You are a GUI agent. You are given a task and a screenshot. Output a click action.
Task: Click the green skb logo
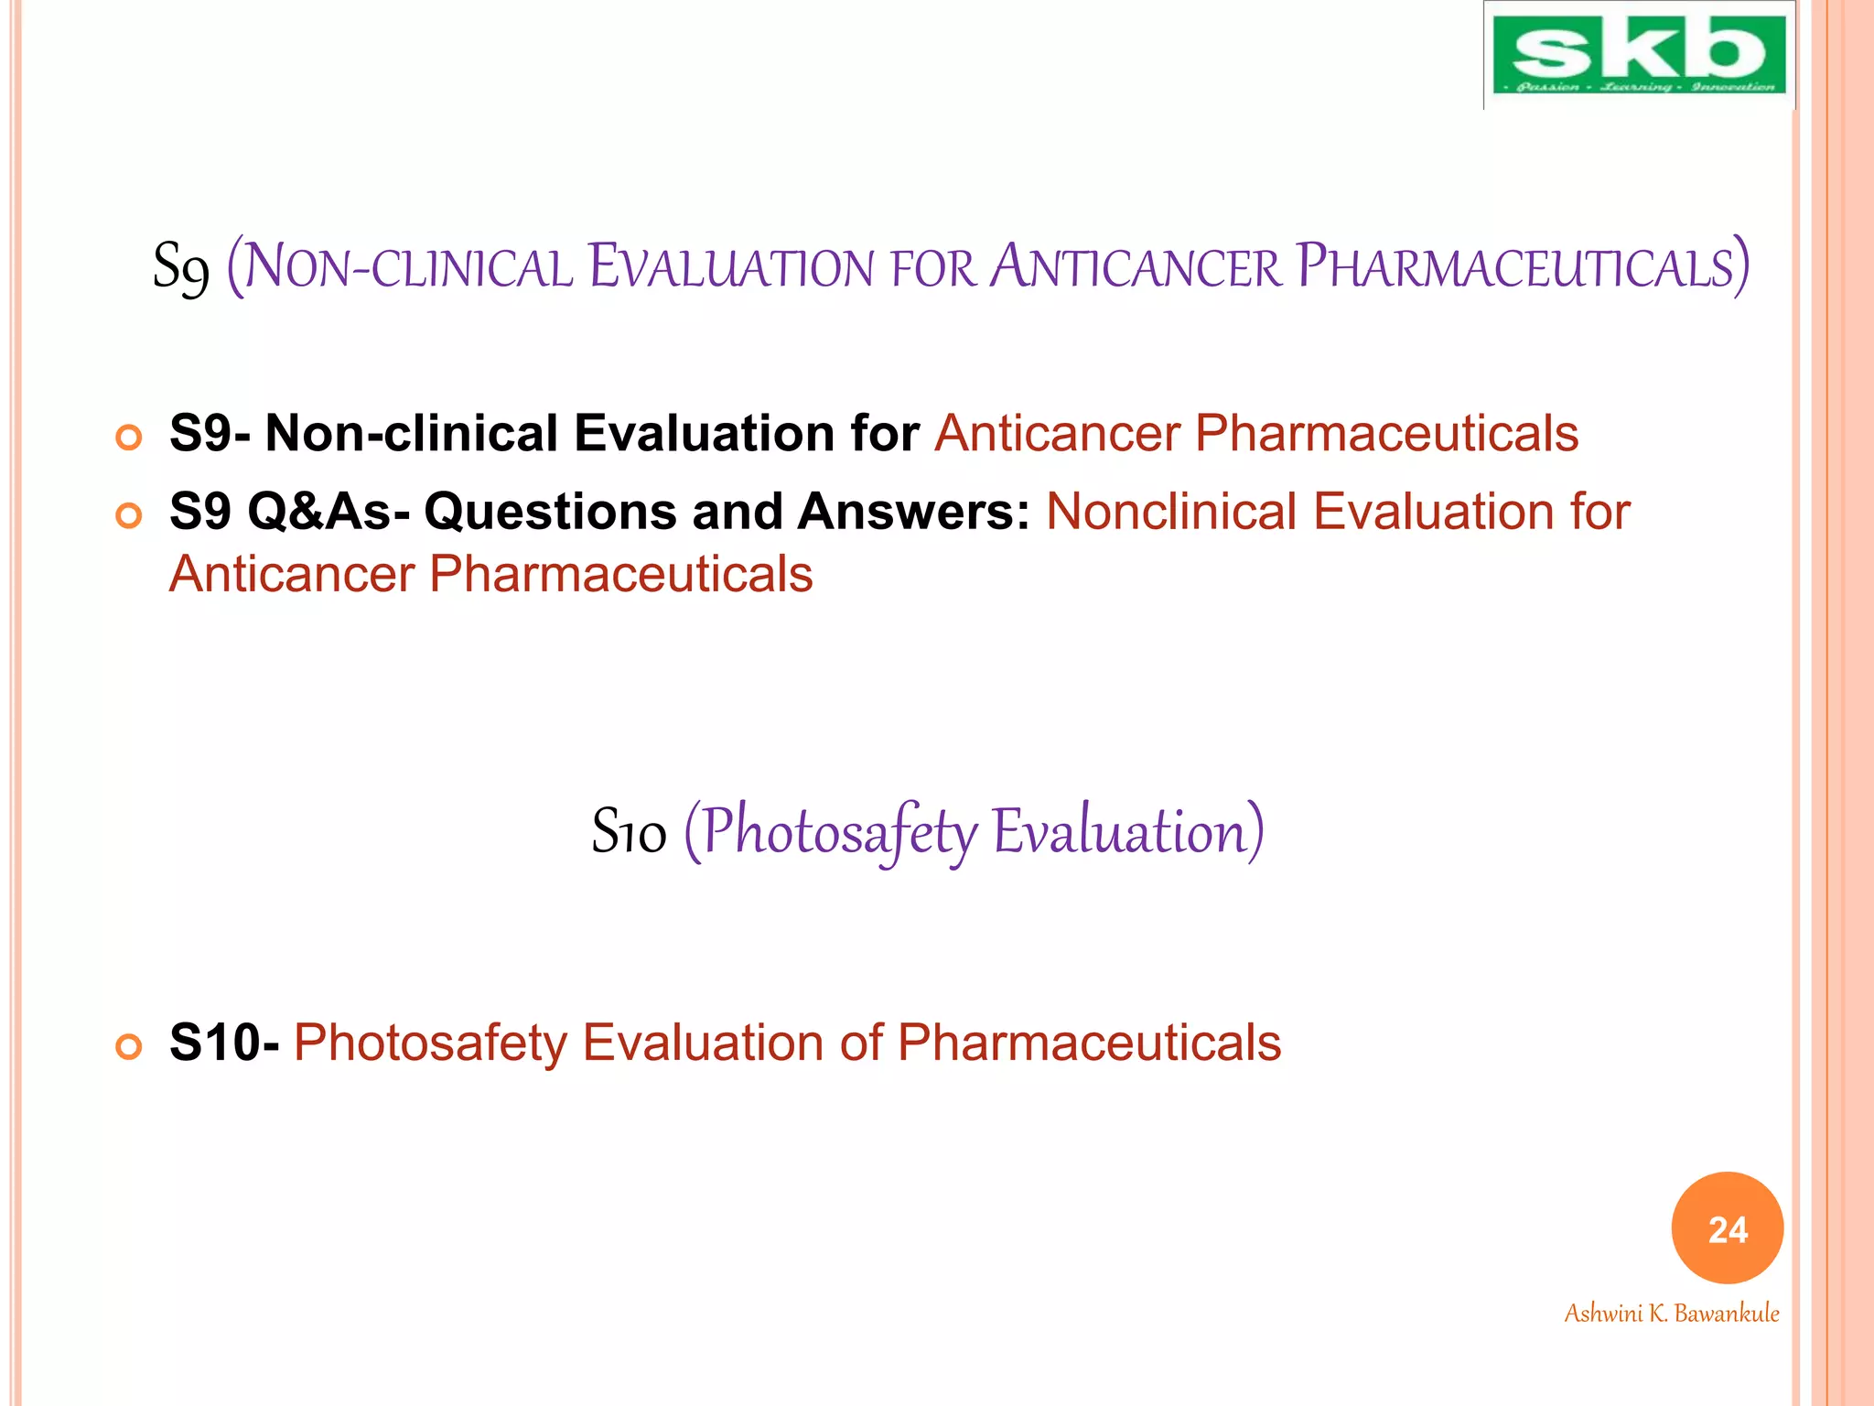coord(1638,55)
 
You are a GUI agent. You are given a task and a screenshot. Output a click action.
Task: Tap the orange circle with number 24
coord(1727,1228)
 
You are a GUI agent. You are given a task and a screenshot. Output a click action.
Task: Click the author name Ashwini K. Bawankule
coord(1671,1314)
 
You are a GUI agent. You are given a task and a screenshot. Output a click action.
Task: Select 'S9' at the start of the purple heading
coord(180,267)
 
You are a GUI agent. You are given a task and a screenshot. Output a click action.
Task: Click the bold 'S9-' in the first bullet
coord(210,433)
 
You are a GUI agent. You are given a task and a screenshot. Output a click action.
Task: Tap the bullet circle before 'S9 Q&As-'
coord(129,516)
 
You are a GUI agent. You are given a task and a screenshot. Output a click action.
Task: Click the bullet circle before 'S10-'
coord(129,1046)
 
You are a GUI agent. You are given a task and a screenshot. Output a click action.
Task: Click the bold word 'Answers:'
coord(914,511)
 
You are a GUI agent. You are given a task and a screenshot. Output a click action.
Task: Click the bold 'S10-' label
coord(224,1043)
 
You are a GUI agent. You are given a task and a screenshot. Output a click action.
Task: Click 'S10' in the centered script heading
coord(629,832)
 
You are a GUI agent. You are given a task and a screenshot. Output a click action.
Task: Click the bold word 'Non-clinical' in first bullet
coord(411,433)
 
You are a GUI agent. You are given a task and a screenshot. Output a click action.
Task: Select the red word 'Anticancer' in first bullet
coord(1056,433)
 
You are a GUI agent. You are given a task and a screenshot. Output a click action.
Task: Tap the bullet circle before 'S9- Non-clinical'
coord(129,438)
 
